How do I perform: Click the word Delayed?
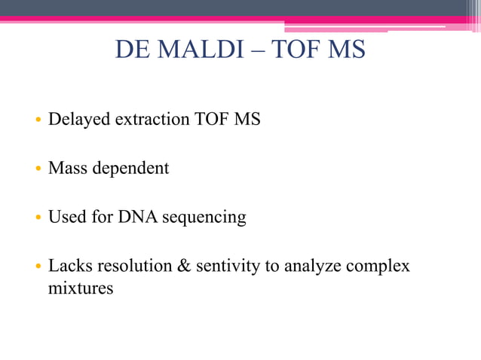click(79, 120)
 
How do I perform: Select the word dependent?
click(130, 169)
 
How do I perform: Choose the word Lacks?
click(70, 266)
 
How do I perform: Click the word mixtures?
click(81, 287)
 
